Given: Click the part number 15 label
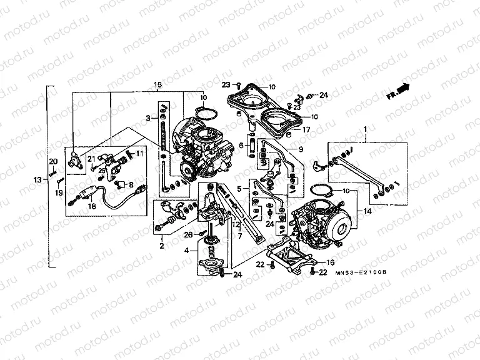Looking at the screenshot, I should click(157, 84).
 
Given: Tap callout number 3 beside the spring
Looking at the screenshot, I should click(148, 117).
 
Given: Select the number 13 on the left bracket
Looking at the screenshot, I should click(37, 180).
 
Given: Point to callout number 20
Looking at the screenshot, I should click(53, 162).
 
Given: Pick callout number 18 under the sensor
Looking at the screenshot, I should click(92, 206).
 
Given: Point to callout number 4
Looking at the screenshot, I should click(186, 251).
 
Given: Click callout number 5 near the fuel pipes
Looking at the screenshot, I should click(237, 188).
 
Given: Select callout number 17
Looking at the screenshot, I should click(306, 130).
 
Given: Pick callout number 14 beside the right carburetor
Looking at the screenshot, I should click(367, 212).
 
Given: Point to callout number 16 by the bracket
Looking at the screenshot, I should click(331, 263).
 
